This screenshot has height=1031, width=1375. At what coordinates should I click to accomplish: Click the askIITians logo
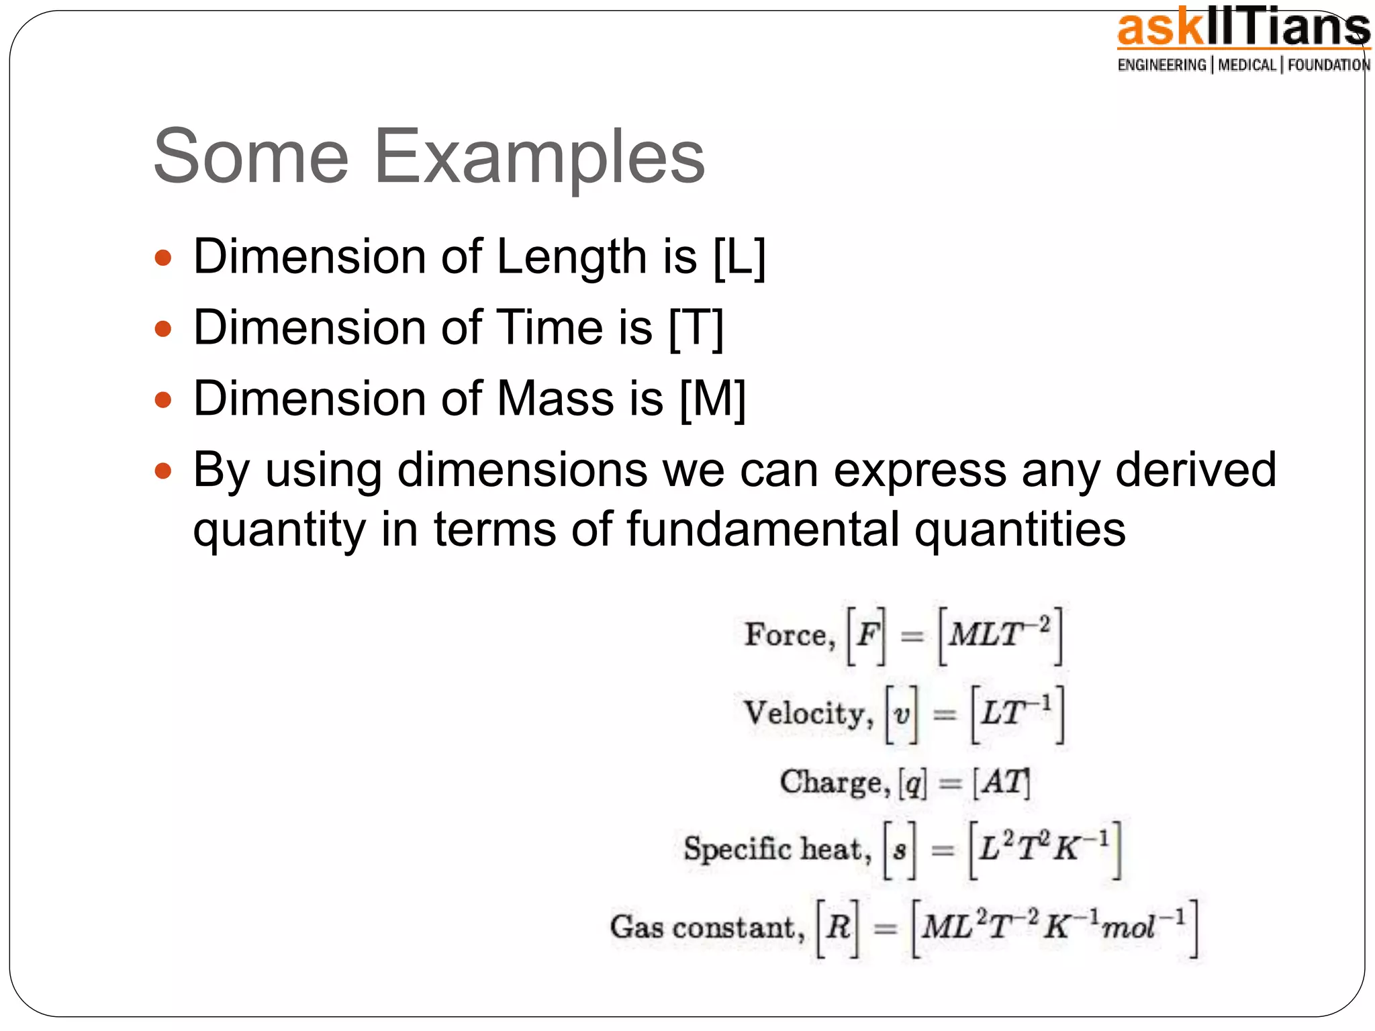(1243, 30)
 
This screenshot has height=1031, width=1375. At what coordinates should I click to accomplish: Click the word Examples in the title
(538, 157)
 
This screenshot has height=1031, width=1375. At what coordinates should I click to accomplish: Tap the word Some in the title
(251, 157)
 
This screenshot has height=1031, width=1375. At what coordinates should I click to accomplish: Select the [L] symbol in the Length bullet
(739, 258)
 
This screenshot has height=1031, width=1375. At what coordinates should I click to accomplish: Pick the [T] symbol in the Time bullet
(697, 329)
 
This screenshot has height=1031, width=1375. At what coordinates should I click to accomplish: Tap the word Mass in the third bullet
(555, 399)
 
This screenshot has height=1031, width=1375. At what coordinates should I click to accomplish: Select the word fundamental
(763, 530)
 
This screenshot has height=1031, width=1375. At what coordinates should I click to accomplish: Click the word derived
(1195, 470)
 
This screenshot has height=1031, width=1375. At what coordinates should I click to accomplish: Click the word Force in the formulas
(786, 635)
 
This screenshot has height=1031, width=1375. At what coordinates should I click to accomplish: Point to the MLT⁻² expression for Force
(1000, 635)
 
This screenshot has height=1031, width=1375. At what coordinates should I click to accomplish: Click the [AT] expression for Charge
(1001, 783)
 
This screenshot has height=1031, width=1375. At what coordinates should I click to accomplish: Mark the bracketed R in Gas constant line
(838, 928)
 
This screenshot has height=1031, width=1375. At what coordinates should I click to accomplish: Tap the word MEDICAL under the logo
(1247, 65)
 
